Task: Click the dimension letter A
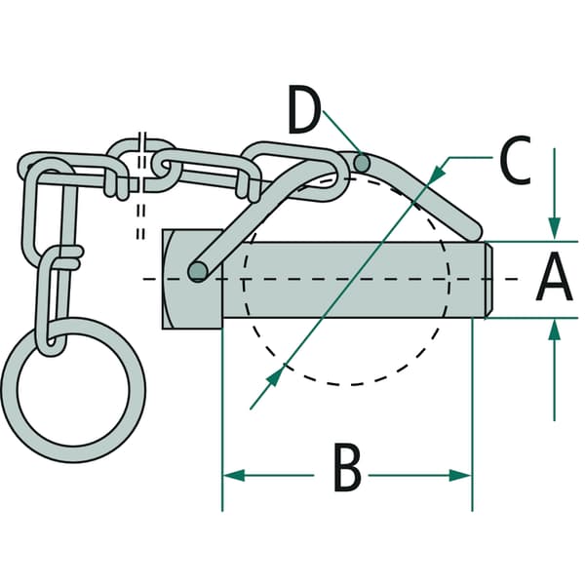[x=554, y=277]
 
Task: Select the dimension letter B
[x=347, y=467]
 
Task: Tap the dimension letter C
[x=516, y=160]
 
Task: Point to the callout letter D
[x=305, y=109]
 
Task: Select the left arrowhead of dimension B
[x=234, y=476]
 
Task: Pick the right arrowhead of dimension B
[x=461, y=476]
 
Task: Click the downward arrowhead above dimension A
[x=555, y=227]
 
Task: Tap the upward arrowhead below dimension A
[x=555, y=331]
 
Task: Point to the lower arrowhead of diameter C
[x=275, y=376]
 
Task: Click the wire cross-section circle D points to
[x=362, y=163]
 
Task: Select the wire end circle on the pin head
[x=198, y=271]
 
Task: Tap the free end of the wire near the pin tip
[x=473, y=232]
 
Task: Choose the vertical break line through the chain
[x=141, y=185]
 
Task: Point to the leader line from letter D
[x=342, y=133]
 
